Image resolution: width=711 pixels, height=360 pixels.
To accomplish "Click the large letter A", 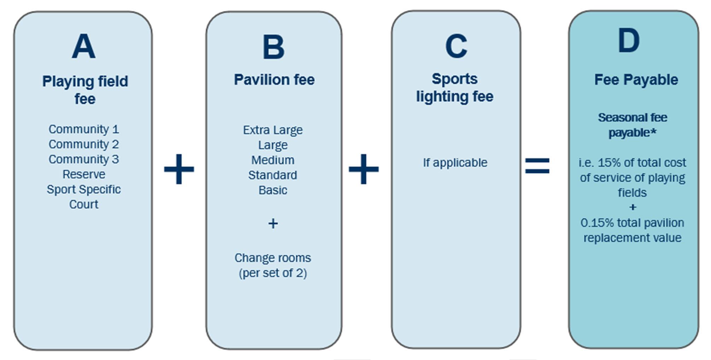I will (83, 46).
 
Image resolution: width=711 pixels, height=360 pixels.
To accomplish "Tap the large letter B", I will (273, 47).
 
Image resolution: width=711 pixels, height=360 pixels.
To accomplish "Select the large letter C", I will (456, 46).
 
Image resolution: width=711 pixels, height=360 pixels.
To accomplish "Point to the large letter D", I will (629, 41).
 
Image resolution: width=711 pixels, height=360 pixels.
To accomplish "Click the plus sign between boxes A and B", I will (179, 169).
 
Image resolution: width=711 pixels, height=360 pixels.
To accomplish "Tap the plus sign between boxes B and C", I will (364, 169).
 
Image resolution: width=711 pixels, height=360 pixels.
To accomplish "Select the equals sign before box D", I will (537, 166).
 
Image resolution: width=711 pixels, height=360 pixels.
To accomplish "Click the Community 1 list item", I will (84, 129).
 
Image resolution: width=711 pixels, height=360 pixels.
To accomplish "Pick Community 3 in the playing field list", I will (84, 159).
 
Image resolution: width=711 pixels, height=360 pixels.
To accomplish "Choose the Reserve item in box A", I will (84, 174).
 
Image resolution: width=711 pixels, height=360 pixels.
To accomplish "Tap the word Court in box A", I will (84, 204).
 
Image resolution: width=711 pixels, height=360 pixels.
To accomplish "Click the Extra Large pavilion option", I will (273, 130).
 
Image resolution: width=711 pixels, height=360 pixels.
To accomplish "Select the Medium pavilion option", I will (273, 160).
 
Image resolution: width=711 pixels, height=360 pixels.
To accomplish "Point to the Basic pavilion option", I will (273, 190).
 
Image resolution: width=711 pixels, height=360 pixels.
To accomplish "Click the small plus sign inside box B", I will (273, 223).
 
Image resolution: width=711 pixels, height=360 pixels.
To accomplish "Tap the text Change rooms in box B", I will (273, 258).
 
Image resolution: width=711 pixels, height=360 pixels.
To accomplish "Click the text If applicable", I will (455, 163).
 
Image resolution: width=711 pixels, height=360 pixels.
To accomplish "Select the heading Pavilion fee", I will (274, 80).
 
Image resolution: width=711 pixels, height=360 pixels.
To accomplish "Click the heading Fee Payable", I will (636, 80).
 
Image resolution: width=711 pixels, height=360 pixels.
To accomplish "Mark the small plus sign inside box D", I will (632, 207).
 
